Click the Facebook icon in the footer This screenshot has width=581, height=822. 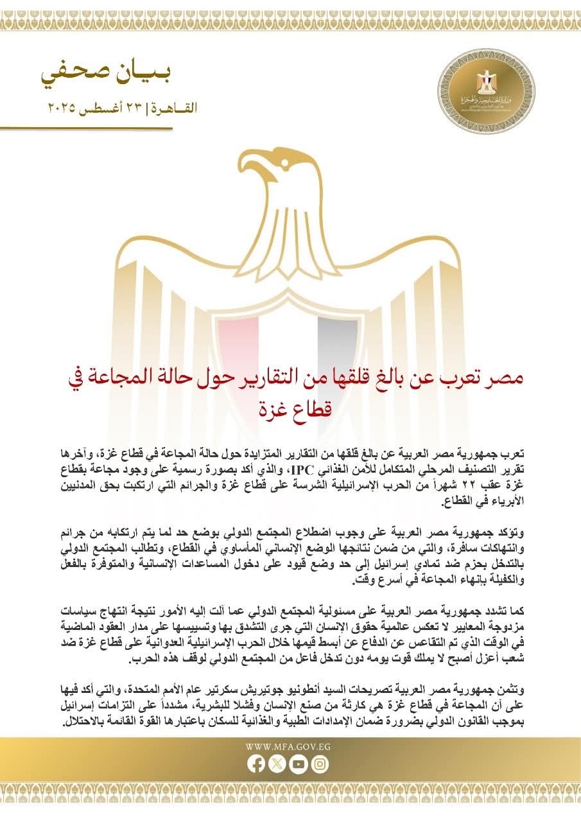256,764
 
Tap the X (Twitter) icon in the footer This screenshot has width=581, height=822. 277,764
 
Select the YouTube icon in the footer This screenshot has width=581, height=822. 299,764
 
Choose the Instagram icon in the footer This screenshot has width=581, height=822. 320,764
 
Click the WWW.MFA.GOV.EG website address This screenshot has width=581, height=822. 288,747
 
